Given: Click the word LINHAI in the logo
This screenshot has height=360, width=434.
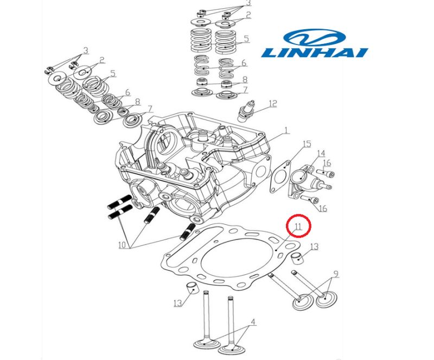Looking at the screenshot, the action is click(315, 53).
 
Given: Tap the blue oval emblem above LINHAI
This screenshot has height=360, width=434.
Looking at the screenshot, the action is click(315, 37).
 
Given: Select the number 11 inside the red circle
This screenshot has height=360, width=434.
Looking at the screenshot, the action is click(298, 226).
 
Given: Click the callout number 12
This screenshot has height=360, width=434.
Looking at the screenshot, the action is click(273, 103).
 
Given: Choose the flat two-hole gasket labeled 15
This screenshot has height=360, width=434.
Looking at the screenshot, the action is click(280, 176).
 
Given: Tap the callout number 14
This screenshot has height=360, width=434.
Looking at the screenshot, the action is click(321, 154).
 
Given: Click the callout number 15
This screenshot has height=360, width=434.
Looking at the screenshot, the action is click(307, 144).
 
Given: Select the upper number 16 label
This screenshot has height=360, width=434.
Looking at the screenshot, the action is click(327, 163).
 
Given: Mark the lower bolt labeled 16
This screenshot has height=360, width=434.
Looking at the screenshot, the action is click(309, 199).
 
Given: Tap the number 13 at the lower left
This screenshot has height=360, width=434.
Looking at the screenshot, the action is click(178, 303).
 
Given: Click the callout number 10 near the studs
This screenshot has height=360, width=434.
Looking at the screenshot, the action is click(123, 245).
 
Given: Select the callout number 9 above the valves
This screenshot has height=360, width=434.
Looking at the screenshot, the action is click(336, 274).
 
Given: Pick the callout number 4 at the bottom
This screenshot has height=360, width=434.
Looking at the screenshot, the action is click(253, 322).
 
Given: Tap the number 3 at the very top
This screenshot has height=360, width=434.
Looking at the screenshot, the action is click(248, 3).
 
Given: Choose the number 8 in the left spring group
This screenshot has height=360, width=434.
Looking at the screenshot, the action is click(138, 102).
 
